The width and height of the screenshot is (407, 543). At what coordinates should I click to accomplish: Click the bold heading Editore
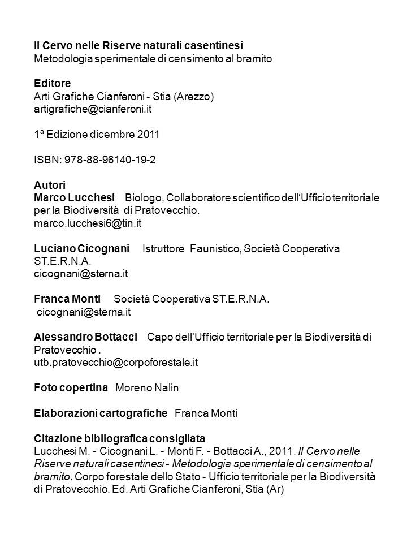pos(52,84)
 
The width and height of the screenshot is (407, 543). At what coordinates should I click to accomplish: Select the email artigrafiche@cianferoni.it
pos(93,109)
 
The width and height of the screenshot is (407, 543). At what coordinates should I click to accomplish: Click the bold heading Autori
pos(50,185)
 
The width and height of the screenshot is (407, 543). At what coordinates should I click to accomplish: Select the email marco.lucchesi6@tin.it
pos(87,223)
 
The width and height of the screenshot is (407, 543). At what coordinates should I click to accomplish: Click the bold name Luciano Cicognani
pos(81,248)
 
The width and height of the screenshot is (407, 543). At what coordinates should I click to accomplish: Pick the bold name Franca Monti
pos(67,299)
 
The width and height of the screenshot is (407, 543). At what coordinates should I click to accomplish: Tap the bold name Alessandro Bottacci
pos(85,337)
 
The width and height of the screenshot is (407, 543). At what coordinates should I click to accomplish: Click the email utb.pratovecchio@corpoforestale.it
pos(116,362)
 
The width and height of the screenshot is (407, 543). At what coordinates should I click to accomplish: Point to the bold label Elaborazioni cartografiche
pos(101,413)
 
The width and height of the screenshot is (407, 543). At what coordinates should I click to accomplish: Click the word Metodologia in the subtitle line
pos(62,58)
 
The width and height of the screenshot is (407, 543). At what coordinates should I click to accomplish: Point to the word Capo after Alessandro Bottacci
pos(158,337)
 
